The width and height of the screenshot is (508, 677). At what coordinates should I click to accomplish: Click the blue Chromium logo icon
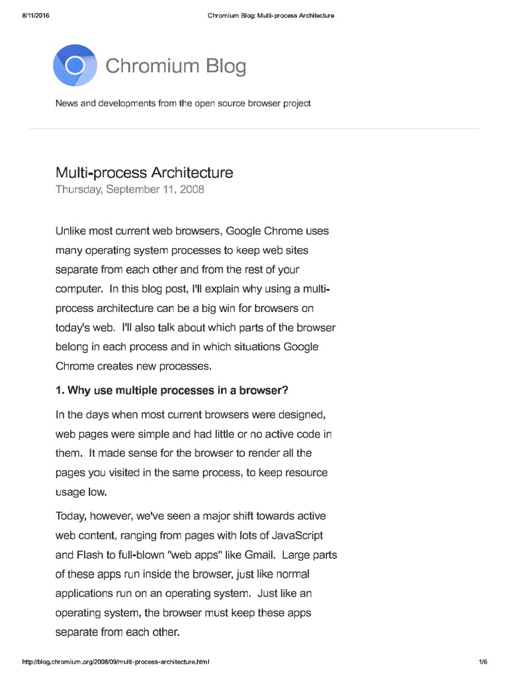pyautogui.click(x=75, y=65)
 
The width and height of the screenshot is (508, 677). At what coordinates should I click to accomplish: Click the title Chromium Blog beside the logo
pyautogui.click(x=175, y=66)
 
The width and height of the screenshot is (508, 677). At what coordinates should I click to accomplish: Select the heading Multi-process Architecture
pyautogui.click(x=144, y=173)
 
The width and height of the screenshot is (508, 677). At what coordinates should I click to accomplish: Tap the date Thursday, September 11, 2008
pyautogui.click(x=130, y=189)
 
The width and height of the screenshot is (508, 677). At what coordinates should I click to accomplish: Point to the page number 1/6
pyautogui.click(x=482, y=662)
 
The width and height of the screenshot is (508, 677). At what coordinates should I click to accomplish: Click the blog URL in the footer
pyautogui.click(x=116, y=662)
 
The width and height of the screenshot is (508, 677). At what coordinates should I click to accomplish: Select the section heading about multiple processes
pyautogui.click(x=172, y=390)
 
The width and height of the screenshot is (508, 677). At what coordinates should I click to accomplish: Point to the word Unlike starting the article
pyautogui.click(x=71, y=231)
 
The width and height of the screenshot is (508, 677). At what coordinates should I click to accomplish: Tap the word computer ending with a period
pyautogui.click(x=79, y=289)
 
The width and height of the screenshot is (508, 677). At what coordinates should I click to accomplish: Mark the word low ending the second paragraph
pyautogui.click(x=97, y=493)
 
